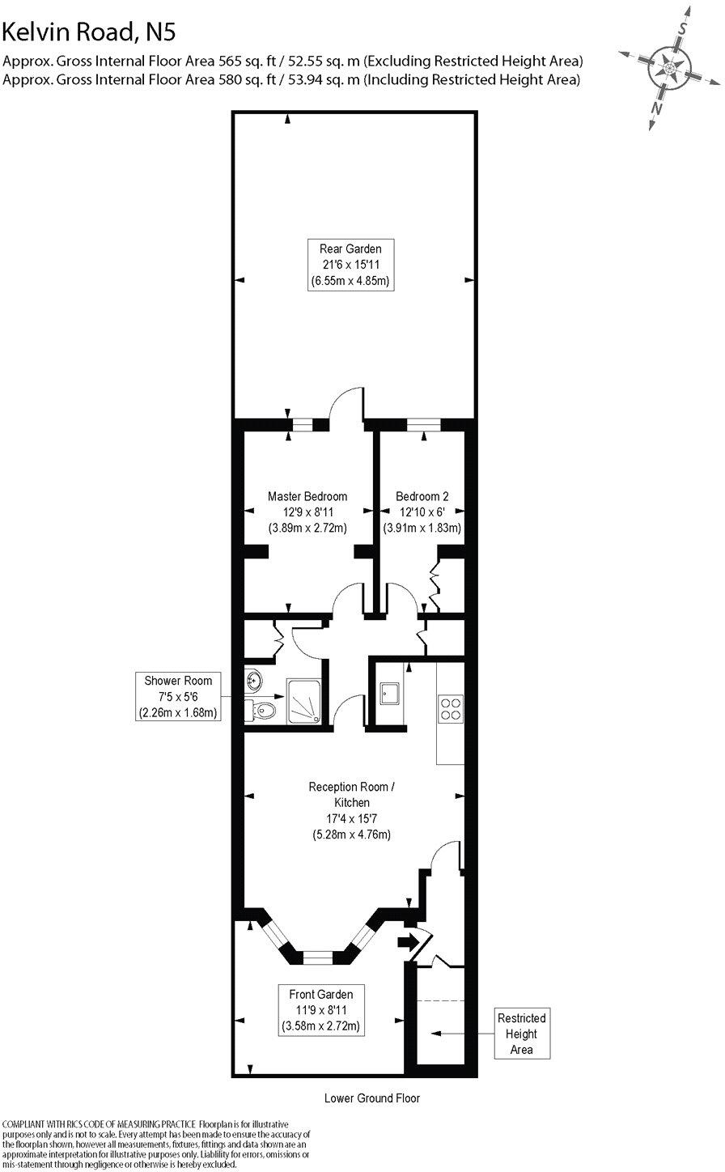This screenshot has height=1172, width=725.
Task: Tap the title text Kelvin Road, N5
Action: point(88,32)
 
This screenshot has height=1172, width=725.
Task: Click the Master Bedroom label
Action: point(307,512)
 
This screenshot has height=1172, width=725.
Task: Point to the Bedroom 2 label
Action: point(422,512)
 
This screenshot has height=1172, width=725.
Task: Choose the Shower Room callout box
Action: point(177,697)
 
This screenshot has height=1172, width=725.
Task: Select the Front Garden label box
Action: point(320,1009)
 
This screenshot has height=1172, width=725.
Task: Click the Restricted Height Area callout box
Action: point(521,1033)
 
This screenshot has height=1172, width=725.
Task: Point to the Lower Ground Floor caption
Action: point(371,1098)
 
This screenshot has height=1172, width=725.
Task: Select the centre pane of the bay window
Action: point(317,957)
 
